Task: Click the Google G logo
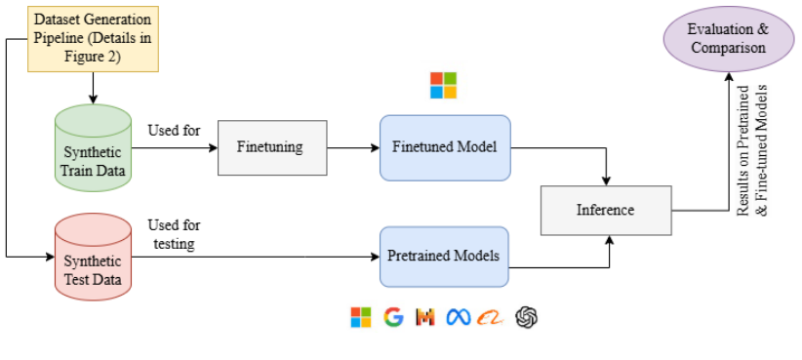point(393,316)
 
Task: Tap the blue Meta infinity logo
point(459,316)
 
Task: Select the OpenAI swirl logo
point(527,316)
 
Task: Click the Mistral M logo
point(425,316)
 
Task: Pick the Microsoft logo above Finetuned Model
point(443,85)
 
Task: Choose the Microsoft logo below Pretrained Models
point(361,316)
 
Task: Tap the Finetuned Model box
point(445,148)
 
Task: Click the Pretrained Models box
point(445,257)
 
